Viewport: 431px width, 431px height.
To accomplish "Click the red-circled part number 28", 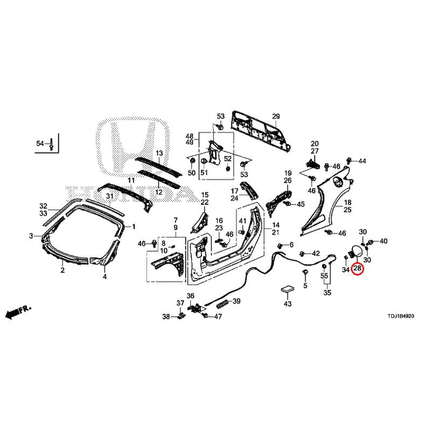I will click(x=357, y=268).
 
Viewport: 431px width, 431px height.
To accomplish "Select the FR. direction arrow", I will click(x=18, y=311).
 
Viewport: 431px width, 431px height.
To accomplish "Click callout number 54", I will click(x=40, y=143).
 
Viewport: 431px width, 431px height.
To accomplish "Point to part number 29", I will click(x=276, y=117).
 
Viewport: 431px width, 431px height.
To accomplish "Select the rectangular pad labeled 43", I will click(x=288, y=290).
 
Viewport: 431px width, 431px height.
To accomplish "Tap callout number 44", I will click(x=362, y=161).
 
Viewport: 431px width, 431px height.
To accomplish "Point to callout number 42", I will click(x=316, y=253).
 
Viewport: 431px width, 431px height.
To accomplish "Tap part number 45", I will click(x=300, y=204).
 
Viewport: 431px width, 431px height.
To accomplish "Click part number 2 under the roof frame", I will click(x=62, y=270).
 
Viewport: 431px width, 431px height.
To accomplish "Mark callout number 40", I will click(x=383, y=241).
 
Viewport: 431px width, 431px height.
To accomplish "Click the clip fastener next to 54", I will click(x=51, y=144).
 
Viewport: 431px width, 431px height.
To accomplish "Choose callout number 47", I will click(x=218, y=316).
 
